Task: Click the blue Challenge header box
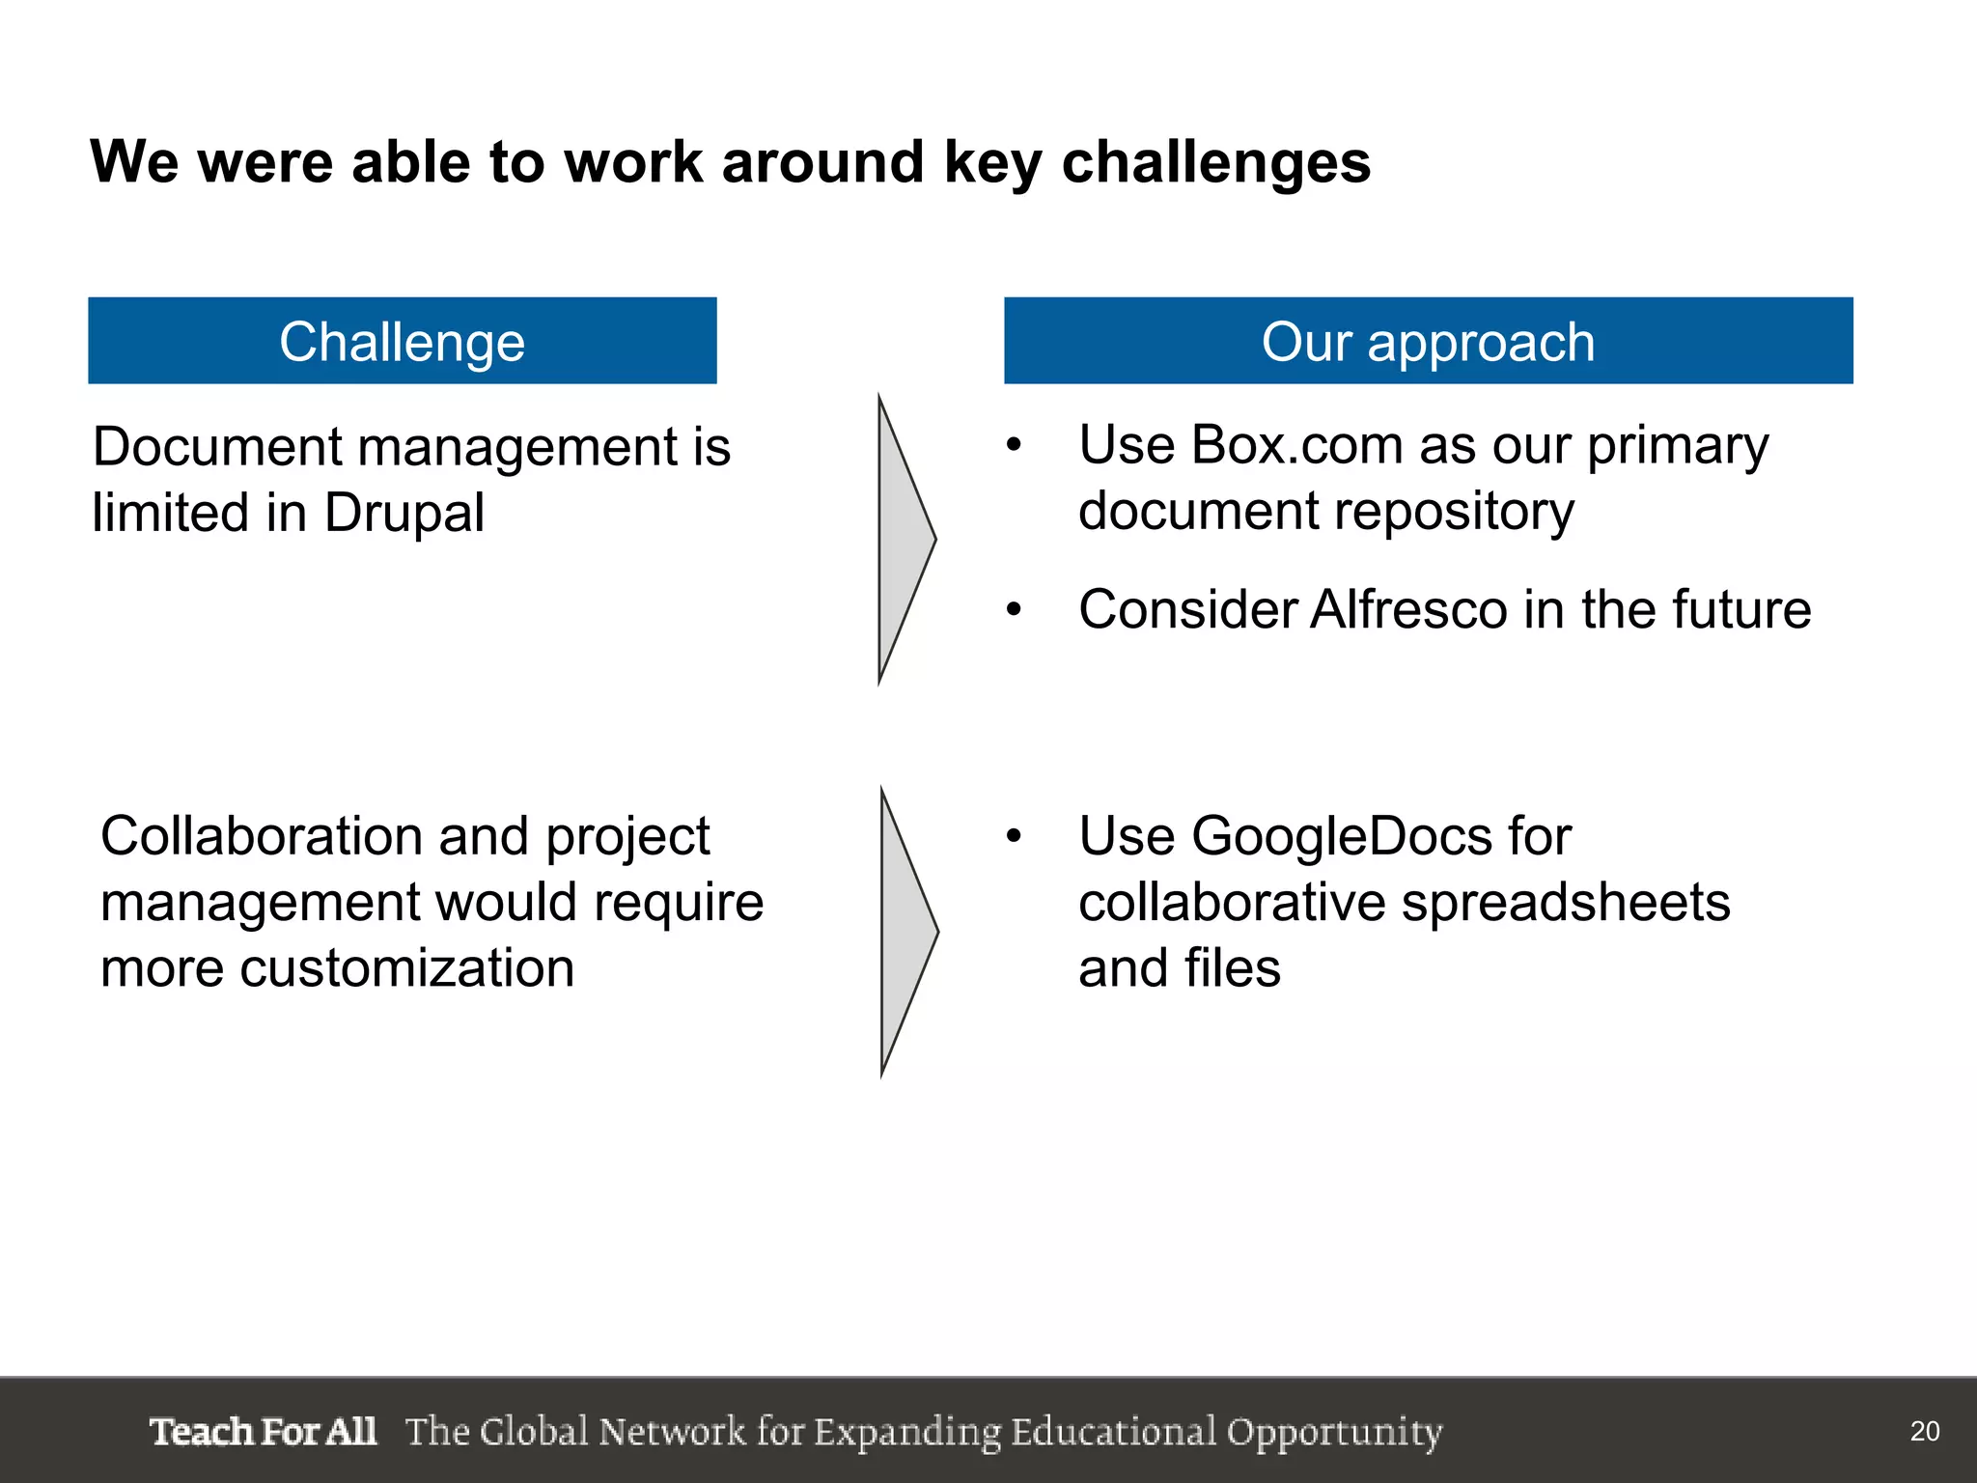pos(402,341)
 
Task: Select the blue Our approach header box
pos(1428,341)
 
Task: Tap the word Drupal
pos(404,513)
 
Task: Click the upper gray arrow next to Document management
pos(905,539)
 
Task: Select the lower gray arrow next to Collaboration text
pos(906,932)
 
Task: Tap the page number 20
pos(1924,1431)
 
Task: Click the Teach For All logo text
pos(263,1431)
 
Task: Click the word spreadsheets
pos(1565,903)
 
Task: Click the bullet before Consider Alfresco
pos(1013,610)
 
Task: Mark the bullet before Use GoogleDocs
pos(1013,836)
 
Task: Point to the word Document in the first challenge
pos(217,447)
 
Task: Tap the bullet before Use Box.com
pos(1013,446)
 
